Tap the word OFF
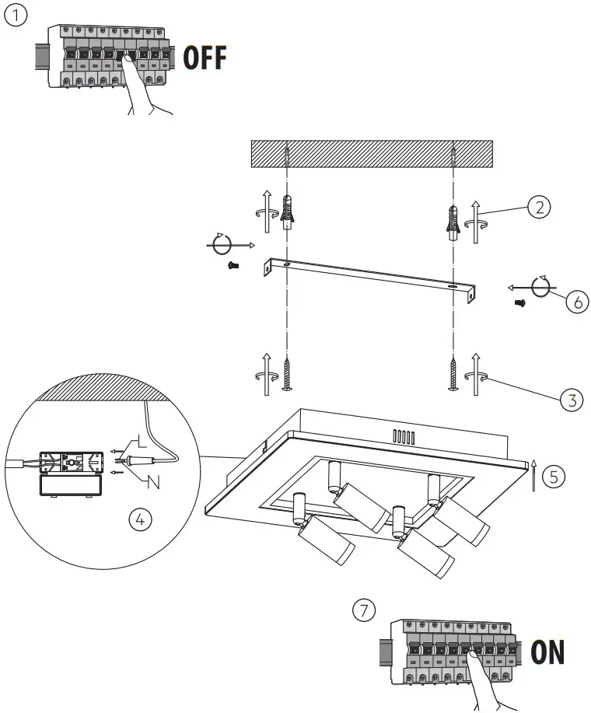[x=205, y=58]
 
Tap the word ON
[x=547, y=653]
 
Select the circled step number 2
[x=539, y=207]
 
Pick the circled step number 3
[x=572, y=400]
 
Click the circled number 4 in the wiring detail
[x=140, y=520]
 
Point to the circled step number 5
[x=553, y=477]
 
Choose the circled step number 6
[x=576, y=302]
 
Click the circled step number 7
[x=363, y=611]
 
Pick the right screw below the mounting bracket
[x=452, y=372]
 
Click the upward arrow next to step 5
[x=533, y=476]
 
